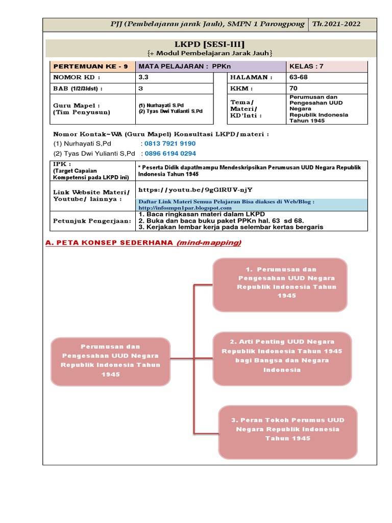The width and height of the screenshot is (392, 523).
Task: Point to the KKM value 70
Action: [294, 88]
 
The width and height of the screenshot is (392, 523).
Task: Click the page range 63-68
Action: [299, 77]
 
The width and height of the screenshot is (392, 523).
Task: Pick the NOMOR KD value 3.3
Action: [144, 77]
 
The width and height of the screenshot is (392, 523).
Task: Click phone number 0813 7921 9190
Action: [170, 144]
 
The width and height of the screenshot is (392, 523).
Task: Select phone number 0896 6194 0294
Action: [170, 153]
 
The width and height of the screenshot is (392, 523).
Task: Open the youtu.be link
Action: [195, 189]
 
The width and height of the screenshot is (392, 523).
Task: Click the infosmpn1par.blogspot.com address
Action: [185, 208]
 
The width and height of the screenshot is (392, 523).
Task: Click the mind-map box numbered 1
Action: [280, 282]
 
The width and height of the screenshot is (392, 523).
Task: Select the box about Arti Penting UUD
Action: [282, 356]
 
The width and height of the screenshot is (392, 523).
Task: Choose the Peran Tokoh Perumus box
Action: [288, 429]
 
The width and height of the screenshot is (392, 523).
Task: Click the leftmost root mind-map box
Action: [111, 361]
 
